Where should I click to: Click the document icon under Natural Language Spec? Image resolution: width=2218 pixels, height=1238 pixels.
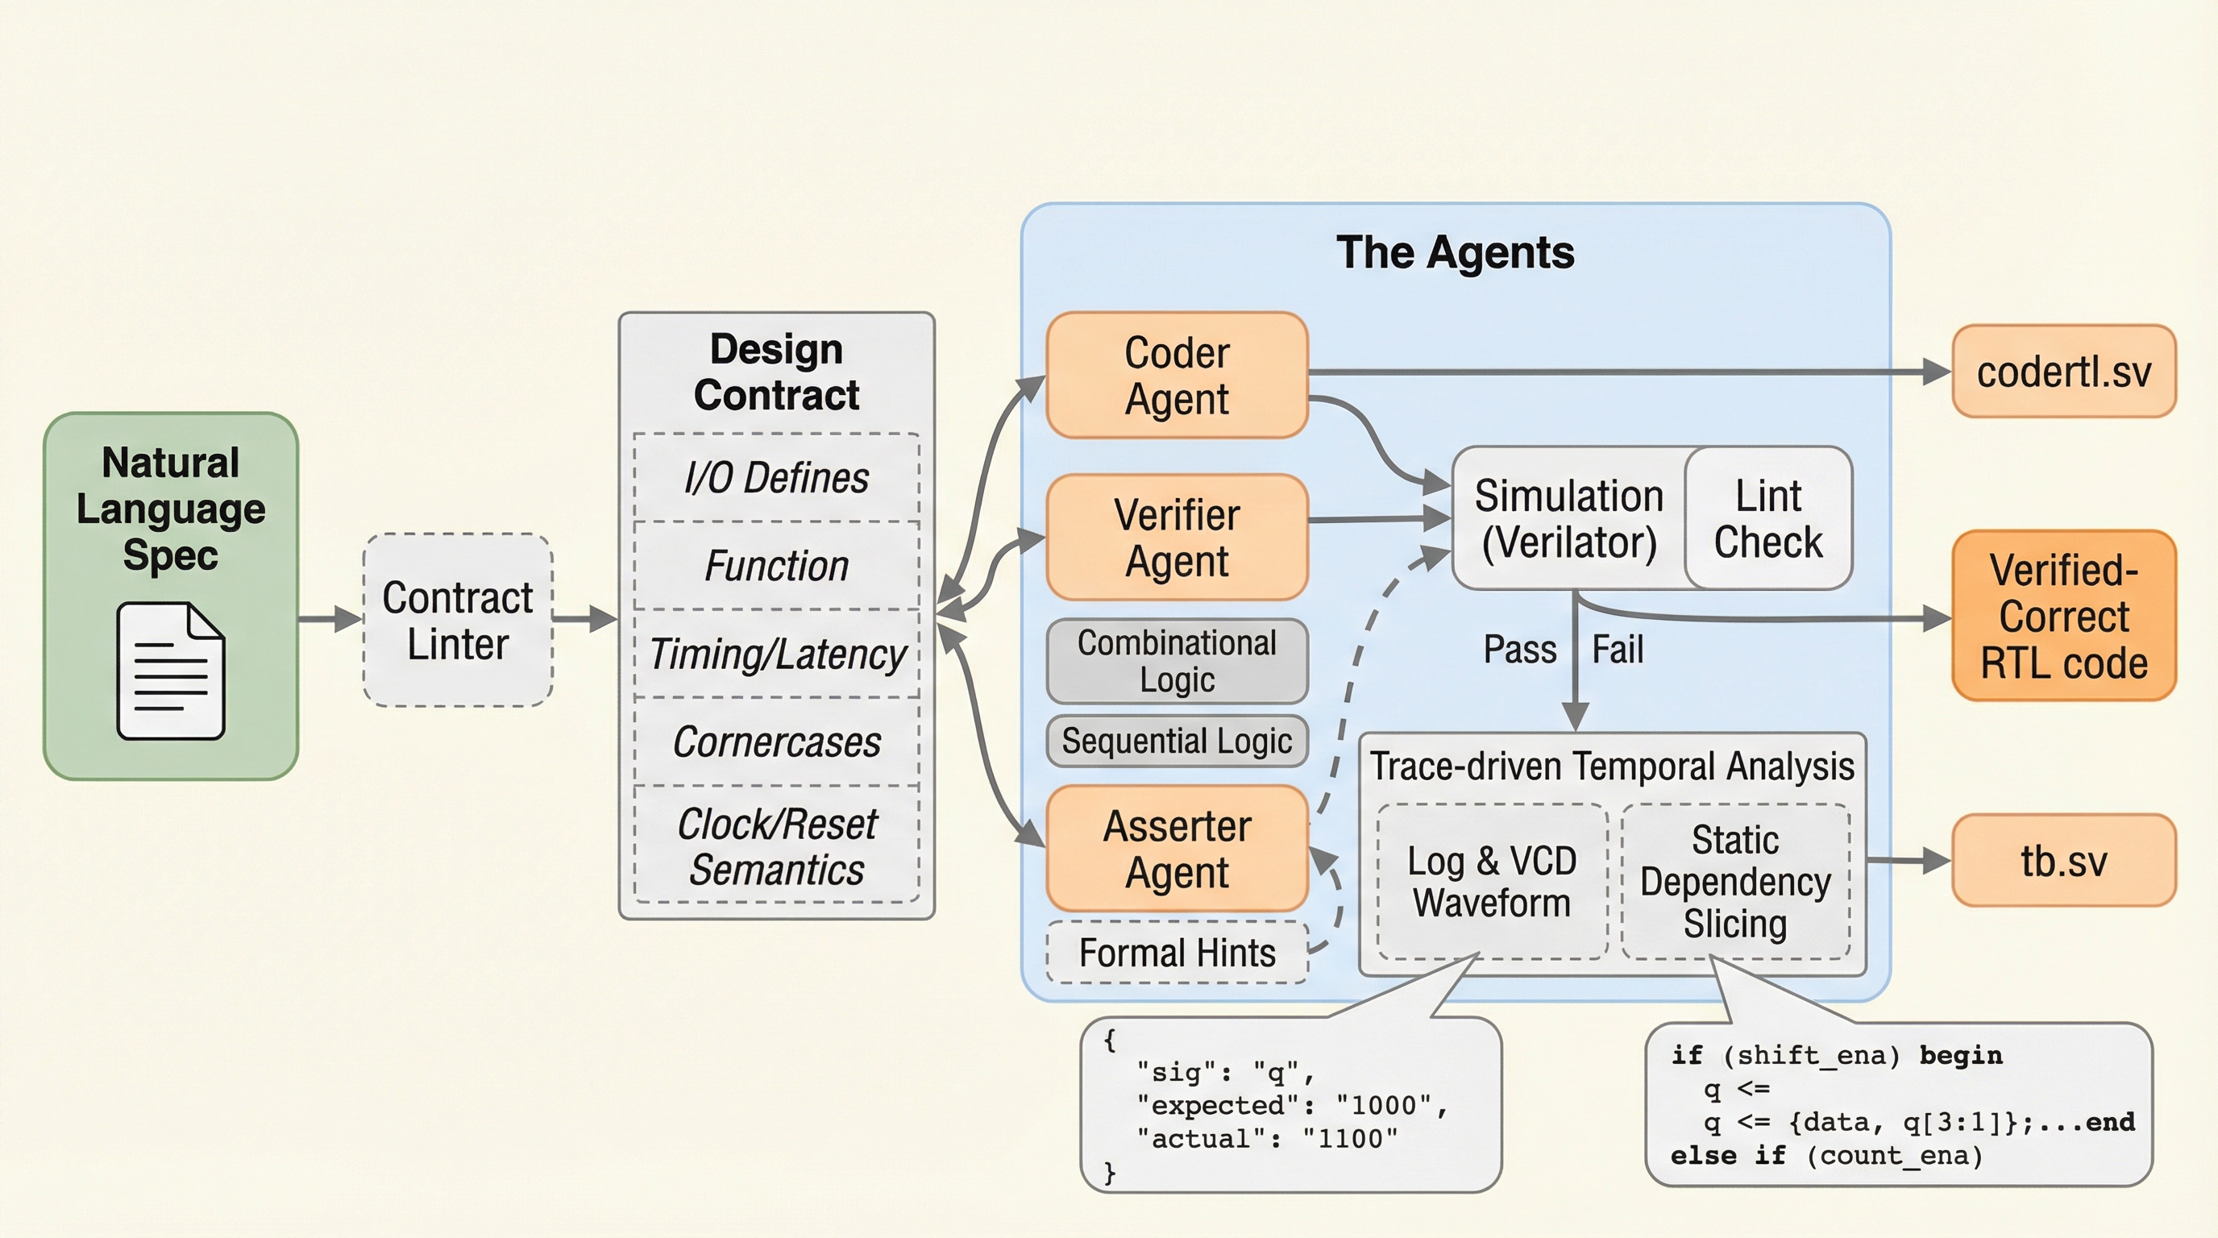click(x=171, y=671)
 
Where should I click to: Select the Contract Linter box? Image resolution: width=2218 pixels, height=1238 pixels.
click(x=457, y=620)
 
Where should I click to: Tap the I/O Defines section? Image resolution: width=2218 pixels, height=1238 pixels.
click(x=777, y=478)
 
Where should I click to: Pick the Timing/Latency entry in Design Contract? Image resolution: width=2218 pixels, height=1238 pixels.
click(x=777, y=654)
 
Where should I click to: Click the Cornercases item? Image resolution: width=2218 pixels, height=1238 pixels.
click(x=777, y=742)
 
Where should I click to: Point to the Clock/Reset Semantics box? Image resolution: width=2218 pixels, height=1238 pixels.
click(x=777, y=846)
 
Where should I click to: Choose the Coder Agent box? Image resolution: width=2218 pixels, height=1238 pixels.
click(x=1176, y=376)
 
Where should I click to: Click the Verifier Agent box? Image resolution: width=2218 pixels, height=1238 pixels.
click(x=1176, y=538)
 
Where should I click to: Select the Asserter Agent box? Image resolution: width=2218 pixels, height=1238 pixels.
click(x=1176, y=849)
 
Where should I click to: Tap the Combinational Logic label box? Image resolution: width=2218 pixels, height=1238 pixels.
click(x=1176, y=661)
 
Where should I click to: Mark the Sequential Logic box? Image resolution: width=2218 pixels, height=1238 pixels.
click(x=1176, y=741)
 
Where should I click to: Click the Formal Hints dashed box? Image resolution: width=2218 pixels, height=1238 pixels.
click(x=1176, y=953)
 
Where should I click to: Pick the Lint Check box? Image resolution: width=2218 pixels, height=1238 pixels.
click(x=1767, y=518)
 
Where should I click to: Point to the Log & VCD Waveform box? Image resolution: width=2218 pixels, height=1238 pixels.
click(x=1491, y=882)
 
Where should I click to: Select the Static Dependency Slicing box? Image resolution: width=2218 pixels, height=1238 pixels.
click(x=1735, y=882)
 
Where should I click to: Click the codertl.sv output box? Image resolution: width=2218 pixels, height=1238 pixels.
click(x=2063, y=372)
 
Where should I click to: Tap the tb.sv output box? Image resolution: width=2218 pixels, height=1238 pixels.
click(x=2063, y=860)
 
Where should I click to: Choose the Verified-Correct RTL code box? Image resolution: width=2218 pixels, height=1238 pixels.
click(x=2063, y=617)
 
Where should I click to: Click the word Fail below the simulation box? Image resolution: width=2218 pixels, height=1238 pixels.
click(x=1617, y=649)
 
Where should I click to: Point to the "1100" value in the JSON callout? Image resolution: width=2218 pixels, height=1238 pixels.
click(x=1349, y=1139)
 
